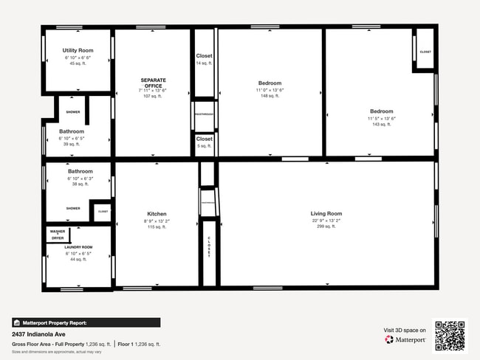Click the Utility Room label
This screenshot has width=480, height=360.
(78, 50)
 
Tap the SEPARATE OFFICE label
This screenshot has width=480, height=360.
(154, 82)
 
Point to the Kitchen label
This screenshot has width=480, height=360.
(157, 214)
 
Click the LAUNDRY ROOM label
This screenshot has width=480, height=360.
(78, 247)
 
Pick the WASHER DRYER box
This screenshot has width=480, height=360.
(58, 235)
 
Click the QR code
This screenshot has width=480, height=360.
(450, 336)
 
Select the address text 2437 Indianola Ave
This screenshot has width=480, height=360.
(36, 333)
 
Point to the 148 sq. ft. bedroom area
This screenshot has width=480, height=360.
(270, 96)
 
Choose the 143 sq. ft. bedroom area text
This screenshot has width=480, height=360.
(382, 124)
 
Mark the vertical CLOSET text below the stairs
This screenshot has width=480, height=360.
(209, 246)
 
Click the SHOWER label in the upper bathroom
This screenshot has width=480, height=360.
(73, 112)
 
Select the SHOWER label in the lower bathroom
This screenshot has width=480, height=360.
(73, 208)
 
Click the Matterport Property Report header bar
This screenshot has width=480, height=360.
(86, 322)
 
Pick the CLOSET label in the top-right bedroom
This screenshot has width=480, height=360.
(425, 52)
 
